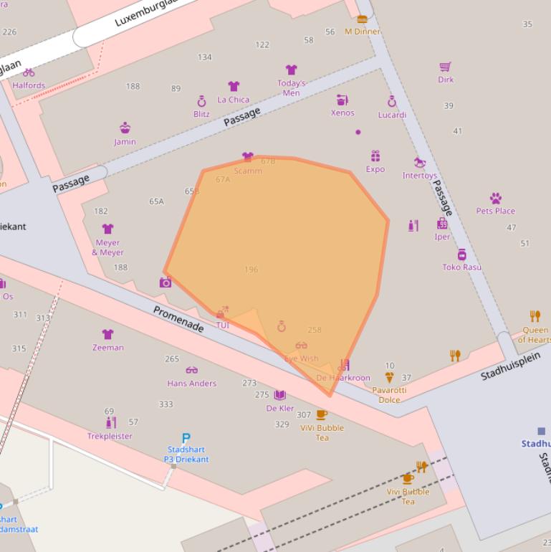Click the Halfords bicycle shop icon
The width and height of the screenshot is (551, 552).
tap(29, 72)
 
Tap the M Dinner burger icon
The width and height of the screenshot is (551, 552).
tap(362, 19)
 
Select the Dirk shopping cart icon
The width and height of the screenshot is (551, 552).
tap(446, 67)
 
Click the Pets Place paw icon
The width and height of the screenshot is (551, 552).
tap(495, 198)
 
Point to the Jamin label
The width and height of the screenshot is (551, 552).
tap(125, 142)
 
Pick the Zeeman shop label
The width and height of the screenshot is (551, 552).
tap(108, 348)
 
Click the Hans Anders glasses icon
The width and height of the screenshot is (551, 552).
tap(191, 371)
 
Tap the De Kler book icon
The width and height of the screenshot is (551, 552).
tap(279, 395)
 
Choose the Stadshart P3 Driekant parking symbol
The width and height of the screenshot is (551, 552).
tap(186, 438)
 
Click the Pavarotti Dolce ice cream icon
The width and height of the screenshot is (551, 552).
tap(389, 377)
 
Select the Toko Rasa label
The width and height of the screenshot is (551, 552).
tap(461, 267)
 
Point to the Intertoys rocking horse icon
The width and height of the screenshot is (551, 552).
tap(420, 163)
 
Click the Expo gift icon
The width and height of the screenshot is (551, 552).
tap(375, 156)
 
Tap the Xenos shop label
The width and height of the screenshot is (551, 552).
tap(342, 113)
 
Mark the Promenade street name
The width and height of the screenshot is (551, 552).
tap(178, 319)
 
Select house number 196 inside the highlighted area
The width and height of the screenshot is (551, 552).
tap(251, 270)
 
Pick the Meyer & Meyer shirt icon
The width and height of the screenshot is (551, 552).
tap(107, 229)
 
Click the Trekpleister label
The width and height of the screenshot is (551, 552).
tap(110, 436)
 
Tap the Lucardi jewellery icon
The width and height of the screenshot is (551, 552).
tap(392, 102)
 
